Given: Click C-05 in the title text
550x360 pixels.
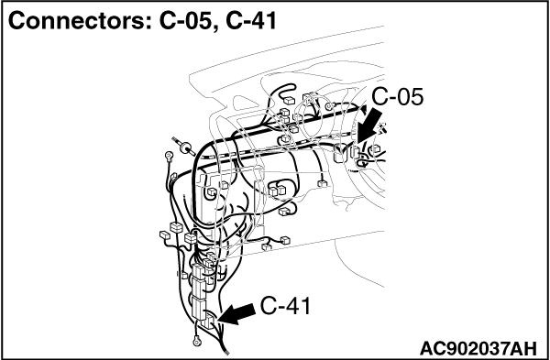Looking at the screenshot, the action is [x=187, y=22].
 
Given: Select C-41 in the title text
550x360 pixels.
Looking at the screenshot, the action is [x=251, y=22].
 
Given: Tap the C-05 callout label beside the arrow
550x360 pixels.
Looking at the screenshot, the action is [x=398, y=97].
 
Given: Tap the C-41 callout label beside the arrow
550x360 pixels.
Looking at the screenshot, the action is [x=285, y=306].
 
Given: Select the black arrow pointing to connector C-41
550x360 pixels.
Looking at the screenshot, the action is [x=236, y=314].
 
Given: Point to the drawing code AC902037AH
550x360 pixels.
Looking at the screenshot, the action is [x=478, y=348].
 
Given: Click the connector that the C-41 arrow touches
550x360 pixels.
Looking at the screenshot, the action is [x=209, y=321].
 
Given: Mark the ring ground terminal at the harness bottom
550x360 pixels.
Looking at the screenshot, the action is [x=195, y=340].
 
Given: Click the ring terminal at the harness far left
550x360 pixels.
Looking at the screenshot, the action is [x=169, y=155].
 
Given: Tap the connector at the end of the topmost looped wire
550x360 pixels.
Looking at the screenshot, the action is [x=289, y=101].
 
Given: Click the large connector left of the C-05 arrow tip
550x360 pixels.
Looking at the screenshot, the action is [x=339, y=153].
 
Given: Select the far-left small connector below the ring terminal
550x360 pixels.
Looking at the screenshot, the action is [x=164, y=235].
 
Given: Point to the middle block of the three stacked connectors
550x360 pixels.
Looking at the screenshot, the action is [x=199, y=288].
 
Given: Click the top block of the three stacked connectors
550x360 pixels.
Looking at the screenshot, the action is [x=199, y=272].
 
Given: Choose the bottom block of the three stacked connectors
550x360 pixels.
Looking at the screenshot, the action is [x=199, y=305].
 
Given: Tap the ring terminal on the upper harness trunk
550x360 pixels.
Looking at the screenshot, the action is [x=329, y=105].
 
